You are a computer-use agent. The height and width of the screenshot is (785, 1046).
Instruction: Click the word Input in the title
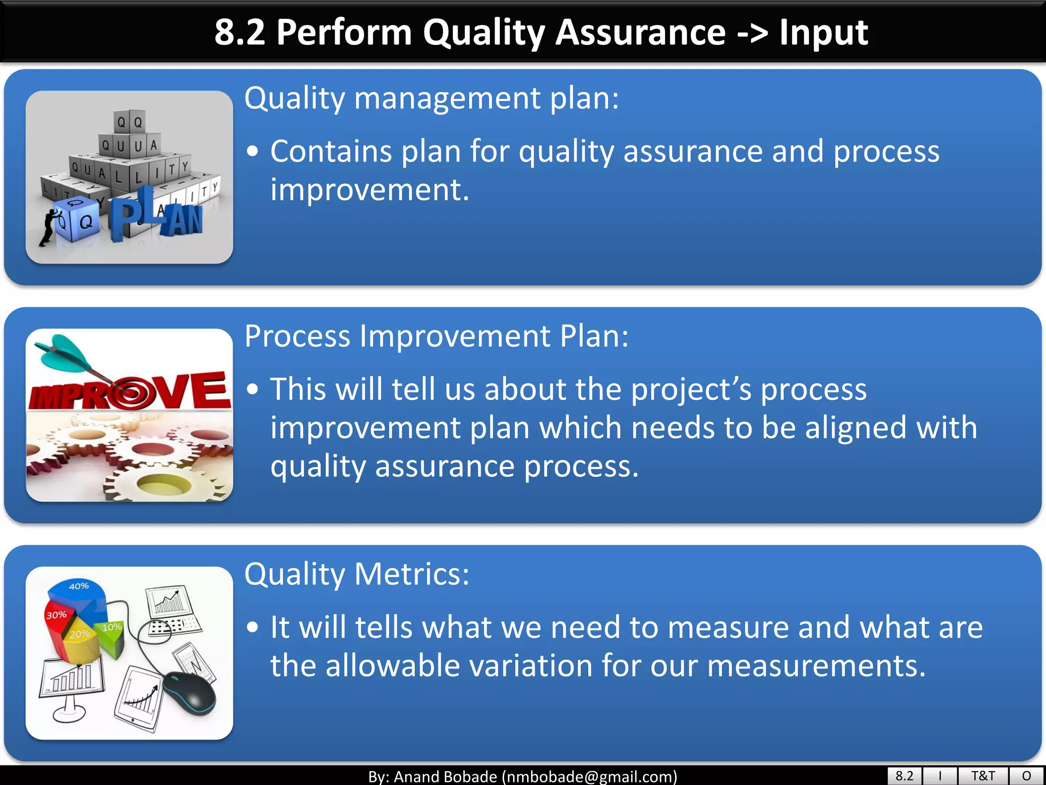pos(823,33)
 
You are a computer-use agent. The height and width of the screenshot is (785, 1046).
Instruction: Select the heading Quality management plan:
pos(432,98)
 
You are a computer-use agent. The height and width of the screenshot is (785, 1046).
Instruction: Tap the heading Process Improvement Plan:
pos(436,336)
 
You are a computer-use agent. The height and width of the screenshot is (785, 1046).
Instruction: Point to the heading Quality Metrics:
pos(356,574)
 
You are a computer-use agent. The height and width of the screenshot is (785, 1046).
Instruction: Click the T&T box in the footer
pos(983,775)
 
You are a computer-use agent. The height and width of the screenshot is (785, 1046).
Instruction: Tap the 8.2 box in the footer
pos(905,775)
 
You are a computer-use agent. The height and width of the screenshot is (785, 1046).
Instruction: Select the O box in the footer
pos(1027,775)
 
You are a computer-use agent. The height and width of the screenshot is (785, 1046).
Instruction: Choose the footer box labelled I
pos(940,775)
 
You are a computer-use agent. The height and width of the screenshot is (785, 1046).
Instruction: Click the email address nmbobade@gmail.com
pos(589,776)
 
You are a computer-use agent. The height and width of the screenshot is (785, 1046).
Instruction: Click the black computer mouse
pos(190,693)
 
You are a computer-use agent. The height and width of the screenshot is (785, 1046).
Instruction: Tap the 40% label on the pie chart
pos(79,586)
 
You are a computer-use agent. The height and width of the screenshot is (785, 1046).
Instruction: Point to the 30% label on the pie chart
pos(56,615)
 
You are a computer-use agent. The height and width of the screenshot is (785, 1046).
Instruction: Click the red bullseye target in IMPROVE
pos(131,392)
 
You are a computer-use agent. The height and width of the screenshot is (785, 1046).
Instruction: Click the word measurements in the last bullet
pos(816,666)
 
